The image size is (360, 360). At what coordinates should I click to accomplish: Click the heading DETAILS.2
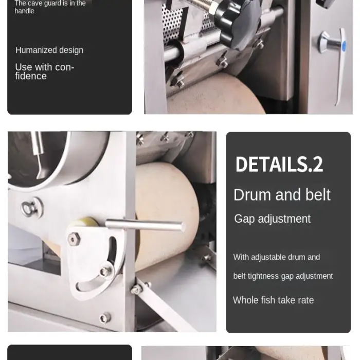point(279,164)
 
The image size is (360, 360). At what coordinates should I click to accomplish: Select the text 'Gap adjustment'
point(272,219)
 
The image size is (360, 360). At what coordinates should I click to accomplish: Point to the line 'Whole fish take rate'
point(273,300)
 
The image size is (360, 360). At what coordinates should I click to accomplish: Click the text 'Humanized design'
point(49,50)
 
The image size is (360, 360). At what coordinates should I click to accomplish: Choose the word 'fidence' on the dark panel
point(31,76)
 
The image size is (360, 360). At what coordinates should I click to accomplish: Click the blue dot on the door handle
point(344,46)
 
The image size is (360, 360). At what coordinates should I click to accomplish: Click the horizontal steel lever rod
point(145,225)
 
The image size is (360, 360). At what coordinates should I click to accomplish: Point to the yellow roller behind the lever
point(83,222)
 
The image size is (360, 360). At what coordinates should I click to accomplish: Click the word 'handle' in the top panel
point(24,11)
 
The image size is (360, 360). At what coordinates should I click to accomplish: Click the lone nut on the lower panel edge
point(104,318)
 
